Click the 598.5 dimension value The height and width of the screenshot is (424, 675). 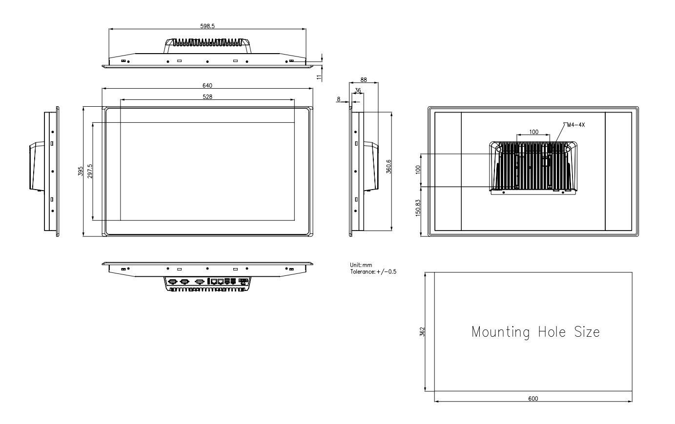207,26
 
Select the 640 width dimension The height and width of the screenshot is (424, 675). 207,85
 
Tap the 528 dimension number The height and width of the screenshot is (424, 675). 207,96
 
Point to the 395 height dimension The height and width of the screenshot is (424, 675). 80,171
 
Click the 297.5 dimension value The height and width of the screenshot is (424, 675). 90,171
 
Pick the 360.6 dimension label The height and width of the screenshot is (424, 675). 389,167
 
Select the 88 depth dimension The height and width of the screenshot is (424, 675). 364,80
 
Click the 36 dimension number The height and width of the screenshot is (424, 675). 358,90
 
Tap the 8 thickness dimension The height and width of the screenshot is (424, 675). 338,99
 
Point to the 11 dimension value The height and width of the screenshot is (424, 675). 319,77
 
